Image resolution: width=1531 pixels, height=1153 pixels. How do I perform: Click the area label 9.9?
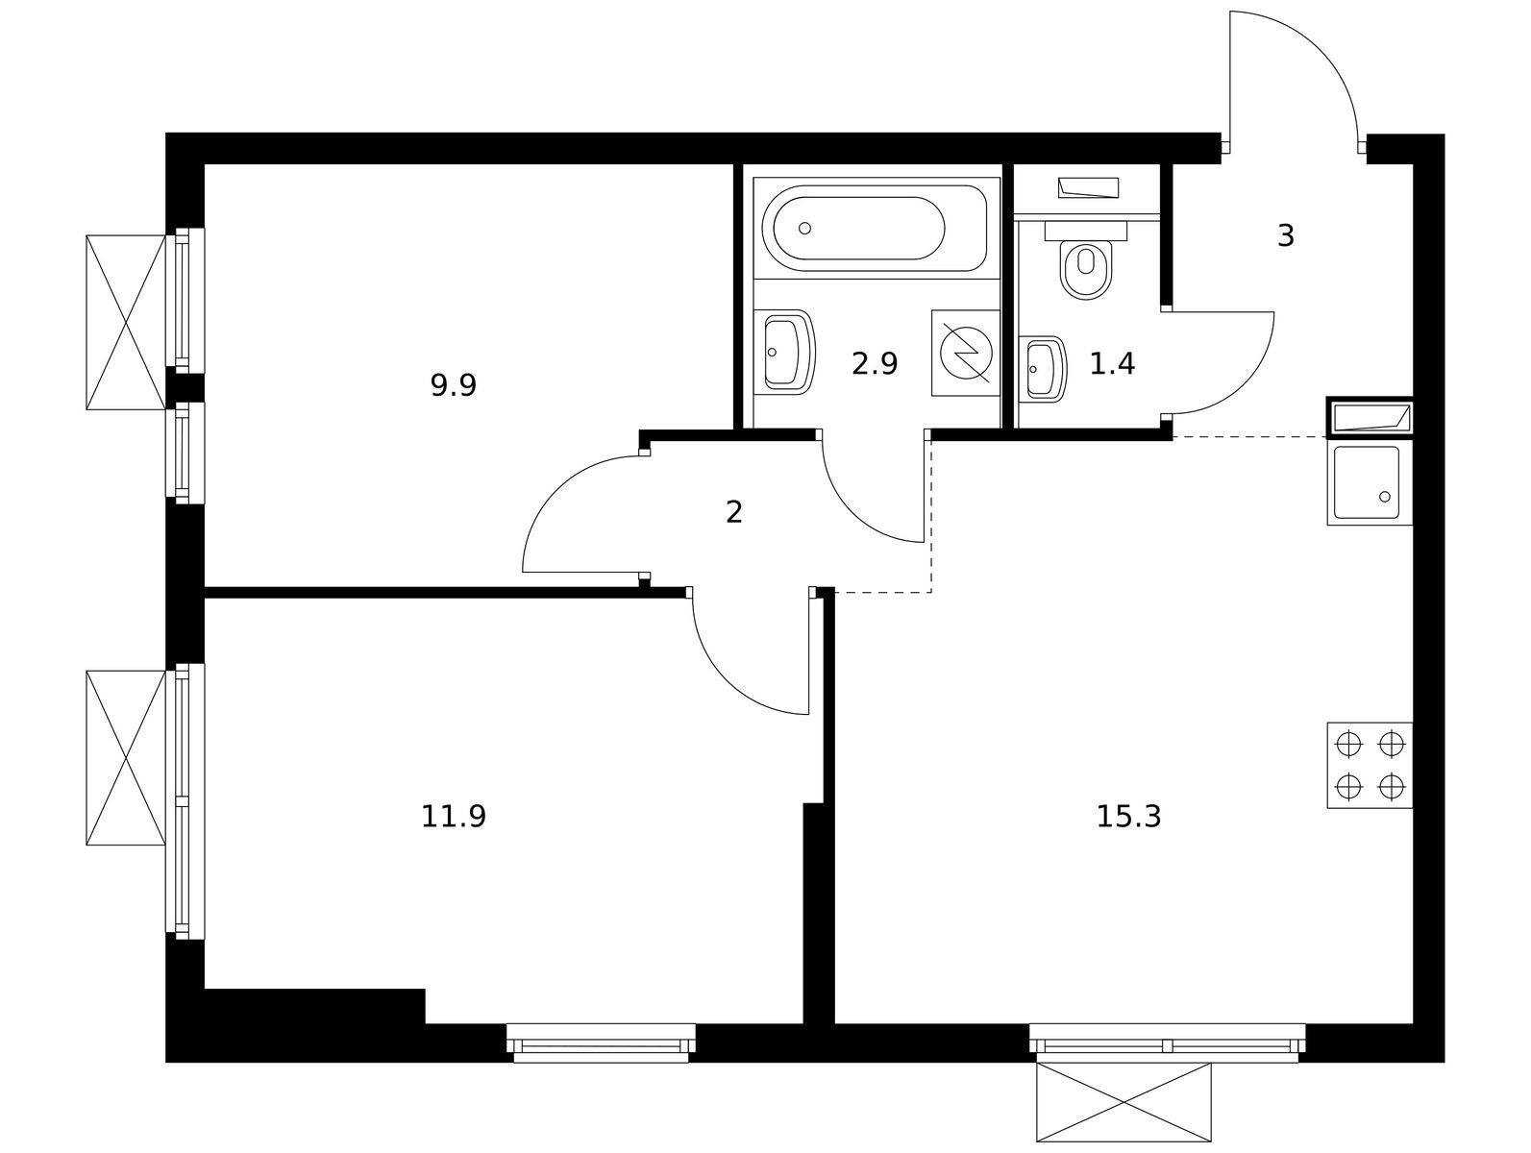tap(453, 385)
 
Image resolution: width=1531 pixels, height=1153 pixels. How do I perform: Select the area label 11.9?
tap(453, 817)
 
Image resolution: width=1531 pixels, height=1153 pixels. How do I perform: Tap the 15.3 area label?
tap(1128, 817)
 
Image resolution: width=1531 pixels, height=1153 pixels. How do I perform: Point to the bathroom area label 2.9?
tap(874, 364)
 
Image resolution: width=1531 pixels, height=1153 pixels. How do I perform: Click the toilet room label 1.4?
tap(1112, 364)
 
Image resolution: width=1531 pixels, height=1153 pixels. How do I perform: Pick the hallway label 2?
tap(733, 512)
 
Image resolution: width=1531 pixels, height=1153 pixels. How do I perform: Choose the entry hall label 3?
tap(1286, 235)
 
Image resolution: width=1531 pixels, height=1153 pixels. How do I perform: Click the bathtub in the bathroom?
tap(874, 228)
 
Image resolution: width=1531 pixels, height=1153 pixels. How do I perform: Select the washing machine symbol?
tap(965, 354)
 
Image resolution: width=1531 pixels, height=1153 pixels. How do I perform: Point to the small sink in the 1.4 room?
tap(1042, 370)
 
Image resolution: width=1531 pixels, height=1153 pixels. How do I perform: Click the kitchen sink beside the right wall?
tap(1369, 483)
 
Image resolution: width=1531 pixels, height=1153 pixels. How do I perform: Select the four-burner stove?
tap(1370, 766)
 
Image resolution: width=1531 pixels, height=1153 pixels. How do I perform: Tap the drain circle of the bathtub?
tap(804, 228)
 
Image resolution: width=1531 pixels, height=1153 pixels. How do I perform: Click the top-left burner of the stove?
tap(1347, 744)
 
